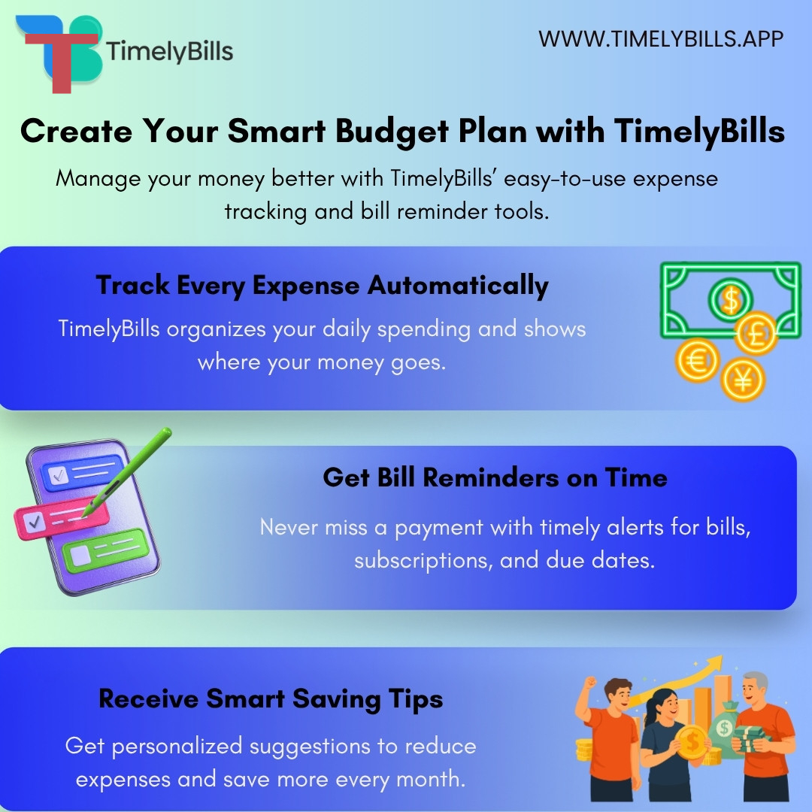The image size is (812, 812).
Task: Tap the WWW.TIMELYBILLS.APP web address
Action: click(661, 39)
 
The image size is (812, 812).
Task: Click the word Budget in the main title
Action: click(392, 132)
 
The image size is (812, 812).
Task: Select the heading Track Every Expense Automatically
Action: click(322, 286)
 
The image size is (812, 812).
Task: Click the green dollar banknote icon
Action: click(730, 299)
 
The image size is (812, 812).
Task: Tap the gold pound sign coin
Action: click(756, 334)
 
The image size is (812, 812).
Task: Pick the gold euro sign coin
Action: click(697, 359)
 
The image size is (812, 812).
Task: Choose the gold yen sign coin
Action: click(743, 380)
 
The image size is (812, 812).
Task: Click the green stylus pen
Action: click(128, 471)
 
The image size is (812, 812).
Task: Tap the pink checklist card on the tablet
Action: click(61, 518)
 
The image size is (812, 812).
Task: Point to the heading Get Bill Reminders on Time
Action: click(495, 477)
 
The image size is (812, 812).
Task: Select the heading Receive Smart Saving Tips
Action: click(271, 699)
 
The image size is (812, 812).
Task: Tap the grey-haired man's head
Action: click(754, 689)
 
